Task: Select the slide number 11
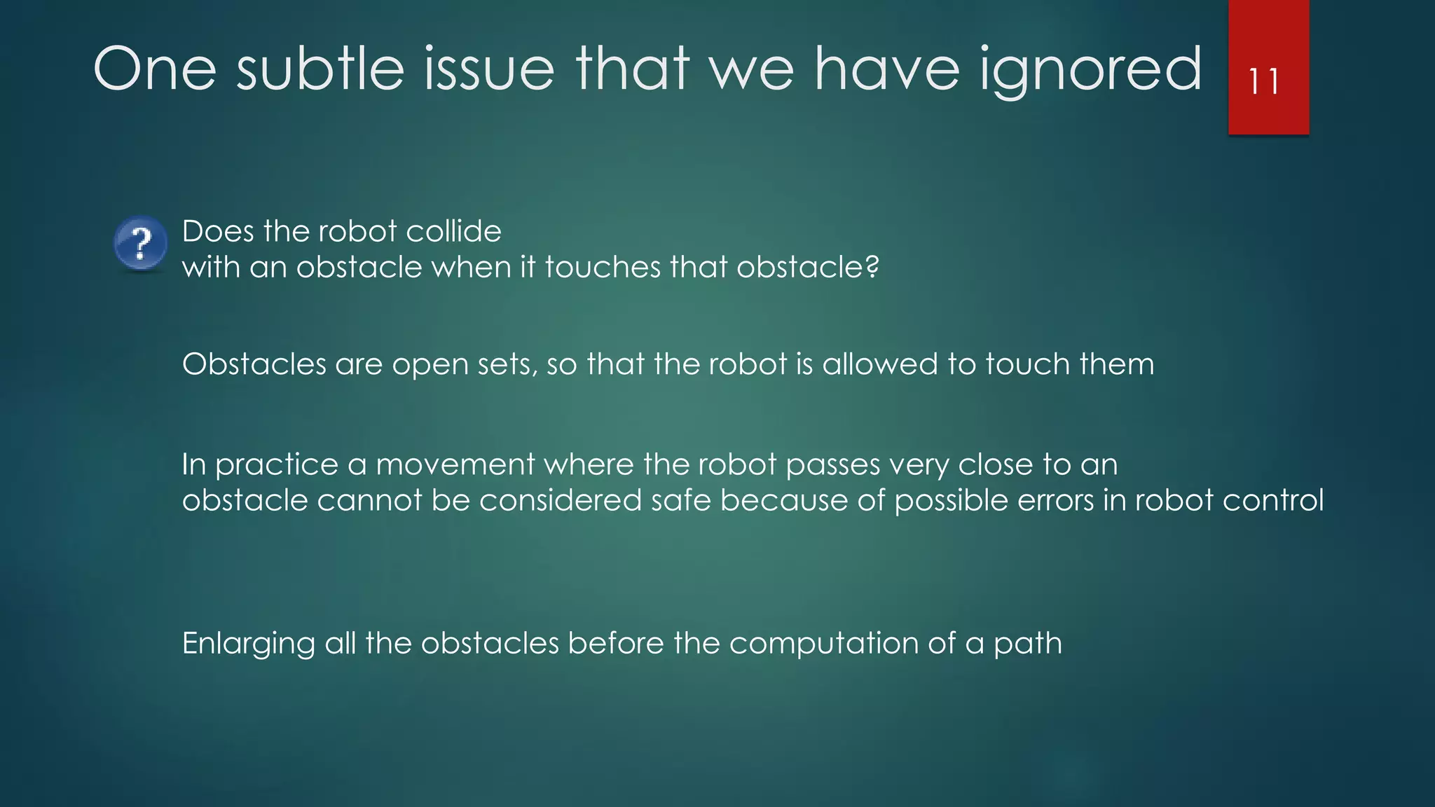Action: (x=1265, y=82)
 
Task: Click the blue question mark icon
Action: (x=141, y=242)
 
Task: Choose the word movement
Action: (x=455, y=464)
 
